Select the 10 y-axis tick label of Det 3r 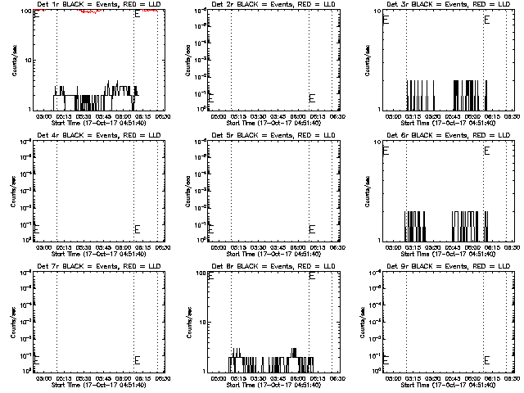[373, 11]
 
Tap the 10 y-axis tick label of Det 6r [373, 142]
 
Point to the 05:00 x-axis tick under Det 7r [45, 378]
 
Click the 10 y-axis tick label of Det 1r [25, 60]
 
